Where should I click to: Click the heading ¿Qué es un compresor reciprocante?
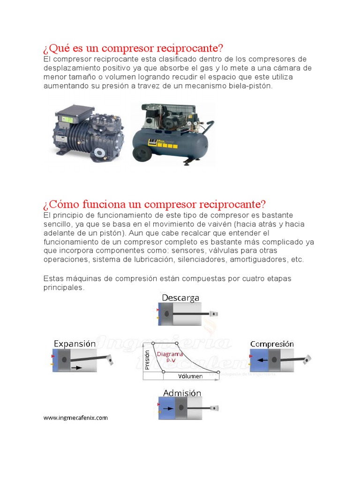pyautogui.click(x=133, y=48)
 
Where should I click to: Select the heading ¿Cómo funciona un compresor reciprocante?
pyautogui.click(x=154, y=204)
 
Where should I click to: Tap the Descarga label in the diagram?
pyautogui.click(x=180, y=298)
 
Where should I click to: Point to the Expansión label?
pyautogui.click(x=75, y=344)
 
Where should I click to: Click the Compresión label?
pyautogui.click(x=272, y=344)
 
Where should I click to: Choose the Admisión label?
pyautogui.click(x=182, y=393)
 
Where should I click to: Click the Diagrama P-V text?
pyautogui.click(x=170, y=358)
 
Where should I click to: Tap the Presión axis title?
pyautogui.click(x=147, y=360)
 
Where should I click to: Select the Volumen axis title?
pyautogui.click(x=191, y=376)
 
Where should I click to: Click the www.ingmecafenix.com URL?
pyautogui.click(x=75, y=418)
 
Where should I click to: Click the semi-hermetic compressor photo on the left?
pyautogui.click(x=88, y=132)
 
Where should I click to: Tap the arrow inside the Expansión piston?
pyautogui.click(x=76, y=367)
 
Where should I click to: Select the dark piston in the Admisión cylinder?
pyautogui.click(x=181, y=408)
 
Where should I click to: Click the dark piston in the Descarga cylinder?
pyautogui.click(x=167, y=314)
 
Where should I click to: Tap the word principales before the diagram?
pyautogui.click(x=64, y=287)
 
